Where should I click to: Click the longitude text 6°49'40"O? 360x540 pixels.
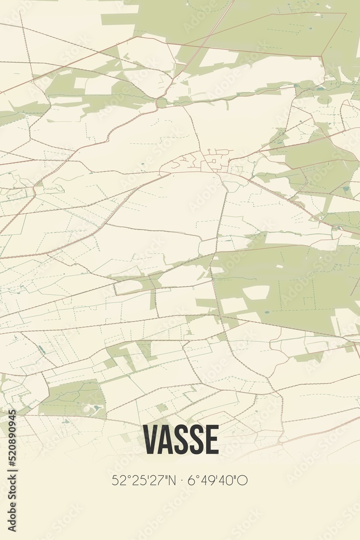[x=218, y=480]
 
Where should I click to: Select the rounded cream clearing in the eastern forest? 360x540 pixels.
[x=256, y=292]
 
